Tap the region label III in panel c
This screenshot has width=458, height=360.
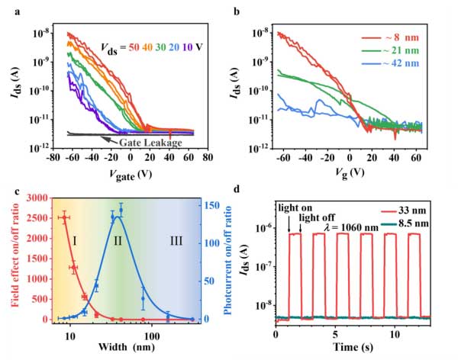click(x=176, y=241)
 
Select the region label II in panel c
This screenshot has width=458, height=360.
click(x=118, y=241)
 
